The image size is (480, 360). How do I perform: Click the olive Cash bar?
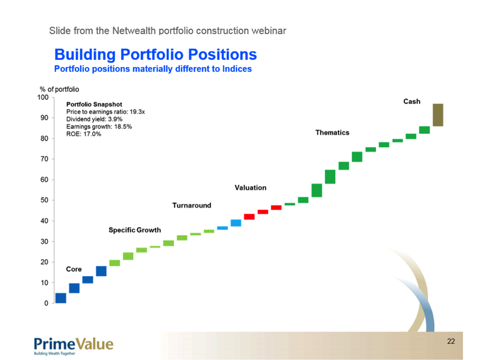tap(438, 115)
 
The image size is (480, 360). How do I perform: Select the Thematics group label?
tap(332, 133)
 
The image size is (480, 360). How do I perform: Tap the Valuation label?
tap(251, 188)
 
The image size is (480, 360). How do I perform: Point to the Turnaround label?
tap(191, 205)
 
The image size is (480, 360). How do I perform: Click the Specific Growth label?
tap(135, 230)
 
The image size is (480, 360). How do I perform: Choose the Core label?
tap(74, 269)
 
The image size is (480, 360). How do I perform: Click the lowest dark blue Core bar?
tap(61, 298)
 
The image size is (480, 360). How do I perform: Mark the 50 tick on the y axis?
tap(53, 200)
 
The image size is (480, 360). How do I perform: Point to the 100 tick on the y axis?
tap(53, 98)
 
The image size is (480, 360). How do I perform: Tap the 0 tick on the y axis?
tap(53, 303)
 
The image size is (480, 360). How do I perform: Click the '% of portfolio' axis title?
tap(59, 90)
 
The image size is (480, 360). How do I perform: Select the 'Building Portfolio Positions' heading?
tap(156, 54)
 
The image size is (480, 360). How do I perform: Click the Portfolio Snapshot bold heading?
tap(94, 105)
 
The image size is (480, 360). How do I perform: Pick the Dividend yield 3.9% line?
tap(94, 119)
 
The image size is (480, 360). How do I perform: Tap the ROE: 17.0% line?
tap(84, 134)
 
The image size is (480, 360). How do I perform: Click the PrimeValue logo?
tap(74, 346)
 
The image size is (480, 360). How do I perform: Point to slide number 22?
tap(451, 341)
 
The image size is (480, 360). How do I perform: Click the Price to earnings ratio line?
tap(106, 112)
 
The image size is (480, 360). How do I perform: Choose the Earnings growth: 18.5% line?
tap(99, 126)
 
